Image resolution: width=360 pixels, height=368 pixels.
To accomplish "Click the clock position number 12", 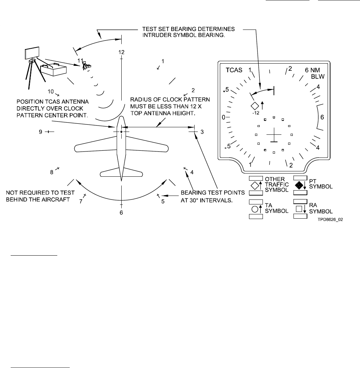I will point(121,52).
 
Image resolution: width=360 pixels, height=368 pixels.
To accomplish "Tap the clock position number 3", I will point(202,132).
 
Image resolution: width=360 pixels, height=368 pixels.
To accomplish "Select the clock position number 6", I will point(121,213).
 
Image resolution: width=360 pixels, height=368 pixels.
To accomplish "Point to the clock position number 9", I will point(41,132).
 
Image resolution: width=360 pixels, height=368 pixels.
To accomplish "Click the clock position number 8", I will point(52,172).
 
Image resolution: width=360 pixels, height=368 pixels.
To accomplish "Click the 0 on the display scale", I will point(224,117).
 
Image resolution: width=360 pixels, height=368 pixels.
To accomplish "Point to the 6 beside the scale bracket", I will point(322,117).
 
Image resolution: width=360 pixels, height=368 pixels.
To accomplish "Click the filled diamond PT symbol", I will point(300,185).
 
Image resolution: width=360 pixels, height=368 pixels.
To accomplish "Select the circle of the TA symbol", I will point(254,209).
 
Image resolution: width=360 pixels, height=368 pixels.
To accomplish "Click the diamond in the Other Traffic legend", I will point(254,185).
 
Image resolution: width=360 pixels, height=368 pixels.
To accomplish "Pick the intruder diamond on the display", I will point(254,106).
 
